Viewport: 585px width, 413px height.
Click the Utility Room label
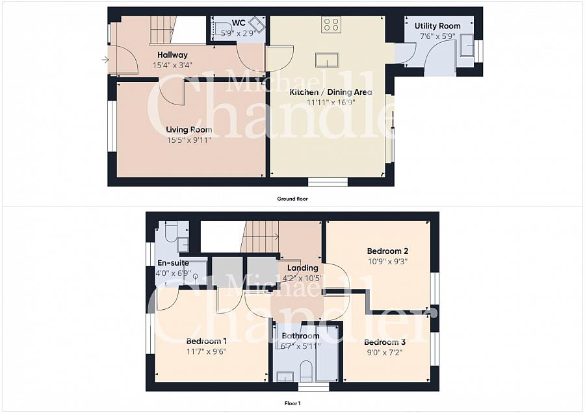tap(437, 26)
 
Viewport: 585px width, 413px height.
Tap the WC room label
tap(239, 23)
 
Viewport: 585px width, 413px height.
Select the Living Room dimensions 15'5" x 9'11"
tap(189, 140)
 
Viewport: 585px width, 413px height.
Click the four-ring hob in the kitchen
tap(331, 25)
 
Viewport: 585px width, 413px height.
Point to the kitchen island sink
tap(327, 60)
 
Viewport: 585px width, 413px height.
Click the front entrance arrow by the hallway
tap(105, 59)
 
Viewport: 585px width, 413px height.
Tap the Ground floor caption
tap(292, 199)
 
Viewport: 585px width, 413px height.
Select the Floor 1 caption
tap(292, 403)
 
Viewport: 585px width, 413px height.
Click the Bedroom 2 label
tap(387, 251)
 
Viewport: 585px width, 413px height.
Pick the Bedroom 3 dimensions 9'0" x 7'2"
tap(385, 352)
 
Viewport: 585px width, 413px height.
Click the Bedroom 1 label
tap(206, 341)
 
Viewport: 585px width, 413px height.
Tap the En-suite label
tap(173, 263)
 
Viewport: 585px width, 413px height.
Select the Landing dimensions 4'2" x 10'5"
tap(302, 278)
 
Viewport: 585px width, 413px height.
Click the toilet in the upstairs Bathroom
tap(306, 371)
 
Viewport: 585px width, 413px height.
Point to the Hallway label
tap(172, 55)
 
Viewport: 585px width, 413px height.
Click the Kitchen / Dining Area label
tap(331, 92)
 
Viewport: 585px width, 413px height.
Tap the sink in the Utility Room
tap(467, 45)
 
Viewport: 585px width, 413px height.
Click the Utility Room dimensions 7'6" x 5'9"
tap(437, 36)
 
